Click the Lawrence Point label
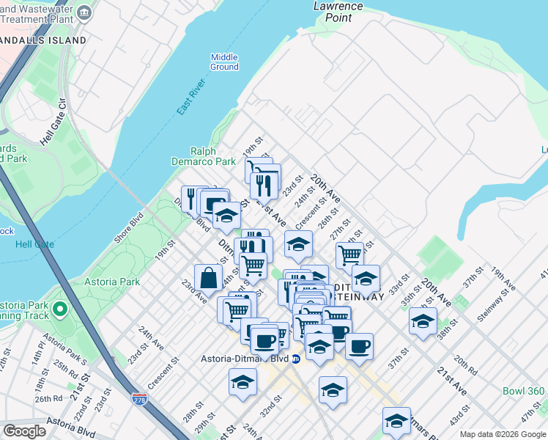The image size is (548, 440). tap(338, 11)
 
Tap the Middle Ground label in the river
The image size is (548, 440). tap(224, 62)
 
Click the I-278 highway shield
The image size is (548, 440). tap(139, 399)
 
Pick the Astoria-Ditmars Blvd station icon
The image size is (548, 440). tap(295, 359)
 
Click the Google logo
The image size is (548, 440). tap(25, 431)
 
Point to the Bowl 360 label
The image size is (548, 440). tap(523, 392)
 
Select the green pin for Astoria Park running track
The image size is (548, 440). tap(60, 310)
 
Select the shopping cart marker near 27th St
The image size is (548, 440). tap(350, 255)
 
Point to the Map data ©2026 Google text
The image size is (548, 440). tap(502, 434)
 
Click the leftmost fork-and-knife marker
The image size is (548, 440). tap(191, 198)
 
